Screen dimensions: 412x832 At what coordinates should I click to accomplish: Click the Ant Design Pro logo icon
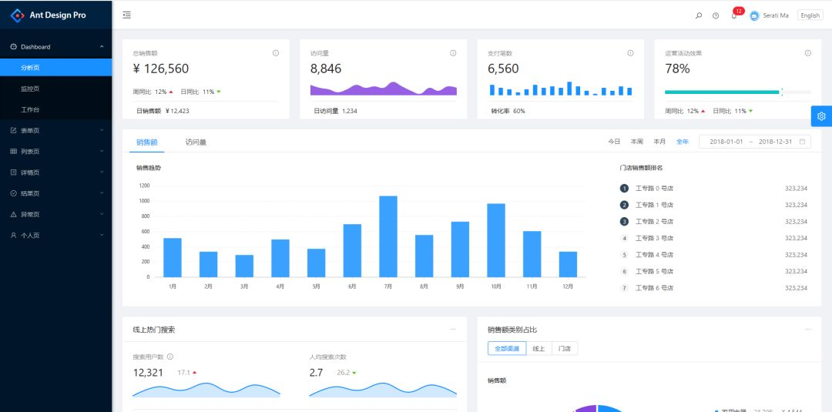[x=17, y=15]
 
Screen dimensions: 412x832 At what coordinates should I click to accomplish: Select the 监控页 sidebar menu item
[x=30, y=89]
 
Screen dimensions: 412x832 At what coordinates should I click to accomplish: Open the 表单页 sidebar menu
[x=30, y=130]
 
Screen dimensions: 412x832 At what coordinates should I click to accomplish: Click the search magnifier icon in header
[x=699, y=15]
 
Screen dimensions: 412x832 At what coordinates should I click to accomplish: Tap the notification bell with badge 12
[x=733, y=15]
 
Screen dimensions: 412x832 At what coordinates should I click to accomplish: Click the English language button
[x=810, y=15]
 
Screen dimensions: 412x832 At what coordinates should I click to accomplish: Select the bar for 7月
[x=388, y=236]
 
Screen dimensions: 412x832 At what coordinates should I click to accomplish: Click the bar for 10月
[x=496, y=239]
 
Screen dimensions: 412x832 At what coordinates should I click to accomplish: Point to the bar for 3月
[x=244, y=266]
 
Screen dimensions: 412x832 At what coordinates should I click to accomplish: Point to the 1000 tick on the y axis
[x=144, y=200]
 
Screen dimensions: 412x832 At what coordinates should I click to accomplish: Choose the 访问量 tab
[x=196, y=142]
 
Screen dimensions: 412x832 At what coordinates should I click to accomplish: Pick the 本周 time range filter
[x=636, y=142]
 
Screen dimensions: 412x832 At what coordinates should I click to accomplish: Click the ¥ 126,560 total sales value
[x=161, y=69]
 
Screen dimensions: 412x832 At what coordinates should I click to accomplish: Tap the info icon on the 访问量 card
[x=453, y=53]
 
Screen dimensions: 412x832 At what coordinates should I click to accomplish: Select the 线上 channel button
[x=539, y=349]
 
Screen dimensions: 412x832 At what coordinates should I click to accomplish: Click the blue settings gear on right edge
[x=821, y=116]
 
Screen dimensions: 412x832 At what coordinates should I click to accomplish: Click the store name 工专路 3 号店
[x=654, y=238]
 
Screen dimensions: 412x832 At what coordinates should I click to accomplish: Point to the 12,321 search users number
[x=148, y=373]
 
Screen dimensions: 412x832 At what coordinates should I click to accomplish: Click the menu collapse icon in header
[x=126, y=15]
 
